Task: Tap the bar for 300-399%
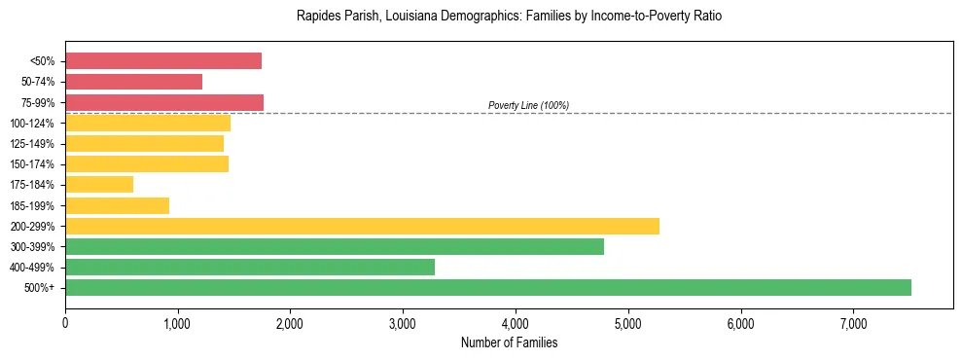[x=335, y=246]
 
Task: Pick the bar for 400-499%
[x=250, y=267]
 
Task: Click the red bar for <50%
[x=163, y=60]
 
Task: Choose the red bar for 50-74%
[x=134, y=82]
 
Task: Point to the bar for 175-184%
[x=99, y=184]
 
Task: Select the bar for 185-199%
[x=118, y=205]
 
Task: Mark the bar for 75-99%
[x=164, y=102]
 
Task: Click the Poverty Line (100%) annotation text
[x=528, y=105]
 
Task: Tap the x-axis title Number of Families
[x=509, y=343]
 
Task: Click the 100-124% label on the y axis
[x=32, y=124]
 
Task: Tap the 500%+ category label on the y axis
[x=41, y=288]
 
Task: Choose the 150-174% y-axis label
[x=32, y=164]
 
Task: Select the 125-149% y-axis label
[x=32, y=144]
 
